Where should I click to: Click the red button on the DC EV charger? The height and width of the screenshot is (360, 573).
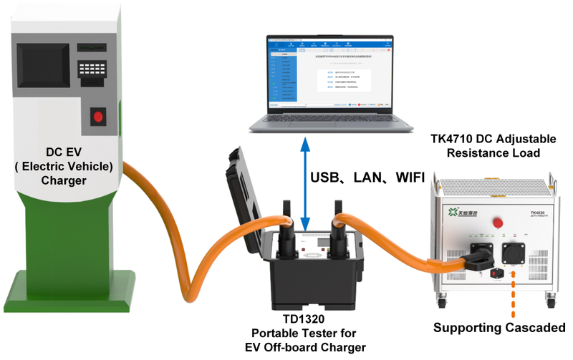point(99,117)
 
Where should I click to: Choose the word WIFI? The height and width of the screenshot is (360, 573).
point(405,177)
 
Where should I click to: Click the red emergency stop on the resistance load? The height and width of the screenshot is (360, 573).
point(495,223)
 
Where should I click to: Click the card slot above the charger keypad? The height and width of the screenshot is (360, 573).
point(91,49)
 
